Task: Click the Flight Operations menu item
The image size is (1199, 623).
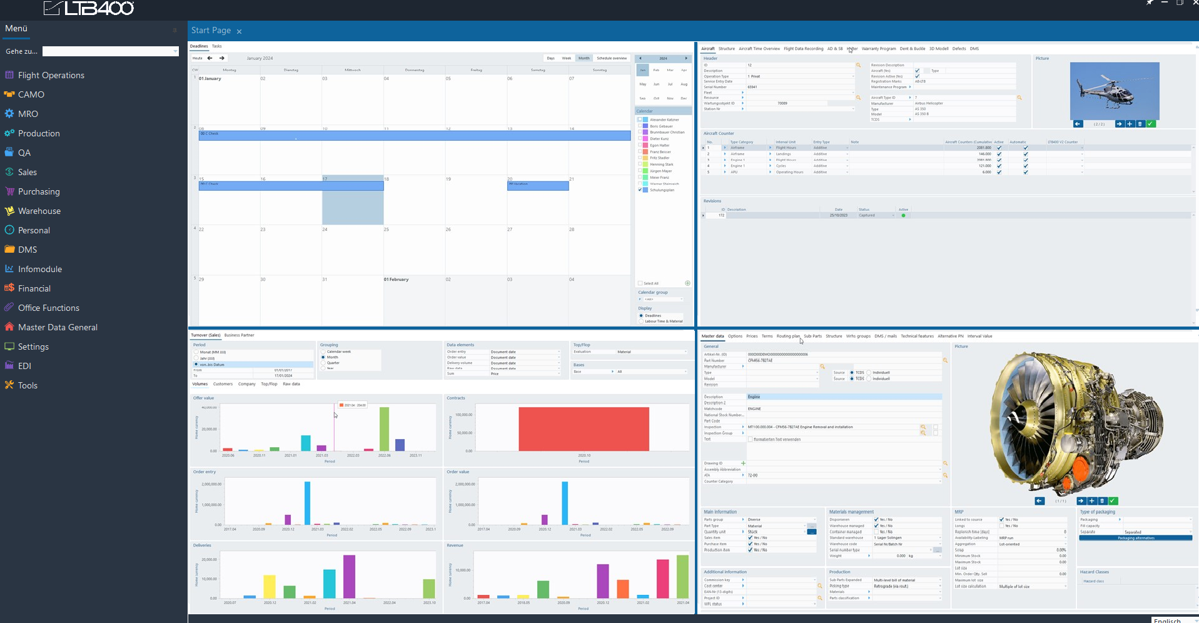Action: coord(51,75)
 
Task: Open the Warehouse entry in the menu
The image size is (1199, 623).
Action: coord(39,211)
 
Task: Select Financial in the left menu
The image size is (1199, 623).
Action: coord(34,288)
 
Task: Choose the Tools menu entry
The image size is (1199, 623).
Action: coord(28,385)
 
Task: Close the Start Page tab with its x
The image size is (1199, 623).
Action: coord(239,31)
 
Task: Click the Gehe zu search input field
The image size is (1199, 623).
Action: coord(110,51)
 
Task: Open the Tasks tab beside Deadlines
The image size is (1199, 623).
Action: coord(216,46)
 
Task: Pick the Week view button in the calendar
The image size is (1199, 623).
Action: coord(566,58)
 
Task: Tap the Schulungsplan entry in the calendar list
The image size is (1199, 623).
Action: coord(662,190)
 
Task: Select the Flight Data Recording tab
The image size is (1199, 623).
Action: coord(803,49)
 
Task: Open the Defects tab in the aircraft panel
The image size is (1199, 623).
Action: coord(959,49)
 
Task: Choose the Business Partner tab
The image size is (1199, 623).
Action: coord(239,335)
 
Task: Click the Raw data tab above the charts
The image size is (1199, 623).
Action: coord(291,384)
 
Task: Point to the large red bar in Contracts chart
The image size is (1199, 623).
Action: coord(584,429)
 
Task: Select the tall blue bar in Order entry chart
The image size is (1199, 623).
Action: coord(307,503)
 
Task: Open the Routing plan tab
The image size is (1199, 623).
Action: coord(787,336)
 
